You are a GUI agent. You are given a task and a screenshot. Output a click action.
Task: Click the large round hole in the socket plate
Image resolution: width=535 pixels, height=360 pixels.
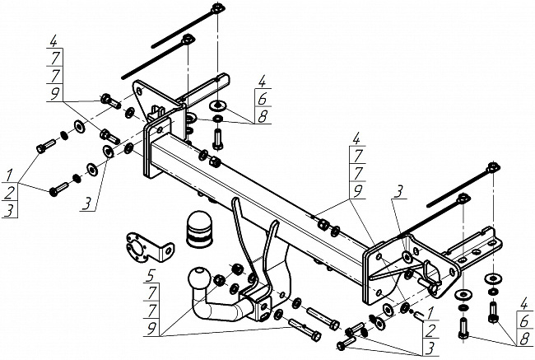click(x=136, y=250)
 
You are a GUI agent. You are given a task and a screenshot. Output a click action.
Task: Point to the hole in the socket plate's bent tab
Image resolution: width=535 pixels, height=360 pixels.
click(x=168, y=250)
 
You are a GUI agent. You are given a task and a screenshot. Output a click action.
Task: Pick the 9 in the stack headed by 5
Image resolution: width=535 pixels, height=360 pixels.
click(x=151, y=329)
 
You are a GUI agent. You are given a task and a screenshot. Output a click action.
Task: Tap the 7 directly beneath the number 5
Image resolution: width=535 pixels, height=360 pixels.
click(x=152, y=293)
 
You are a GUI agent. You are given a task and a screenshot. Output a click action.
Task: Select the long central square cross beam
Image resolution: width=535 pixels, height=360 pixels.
click(x=259, y=205)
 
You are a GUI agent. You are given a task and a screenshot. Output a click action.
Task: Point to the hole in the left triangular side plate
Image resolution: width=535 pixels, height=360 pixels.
click(x=139, y=91)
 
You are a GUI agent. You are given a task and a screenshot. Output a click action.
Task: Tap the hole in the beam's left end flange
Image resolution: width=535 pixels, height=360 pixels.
click(x=160, y=130)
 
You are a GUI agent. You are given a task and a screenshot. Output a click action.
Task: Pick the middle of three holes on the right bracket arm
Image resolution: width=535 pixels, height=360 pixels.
click(x=477, y=252)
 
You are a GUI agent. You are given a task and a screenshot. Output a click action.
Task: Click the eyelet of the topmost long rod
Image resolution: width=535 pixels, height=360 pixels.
click(x=217, y=7)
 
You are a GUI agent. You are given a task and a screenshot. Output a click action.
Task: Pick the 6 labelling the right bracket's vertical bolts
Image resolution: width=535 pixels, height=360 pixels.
click(x=524, y=321)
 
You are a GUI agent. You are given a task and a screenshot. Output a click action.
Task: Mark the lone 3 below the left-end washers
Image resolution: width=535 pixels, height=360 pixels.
click(x=88, y=204)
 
